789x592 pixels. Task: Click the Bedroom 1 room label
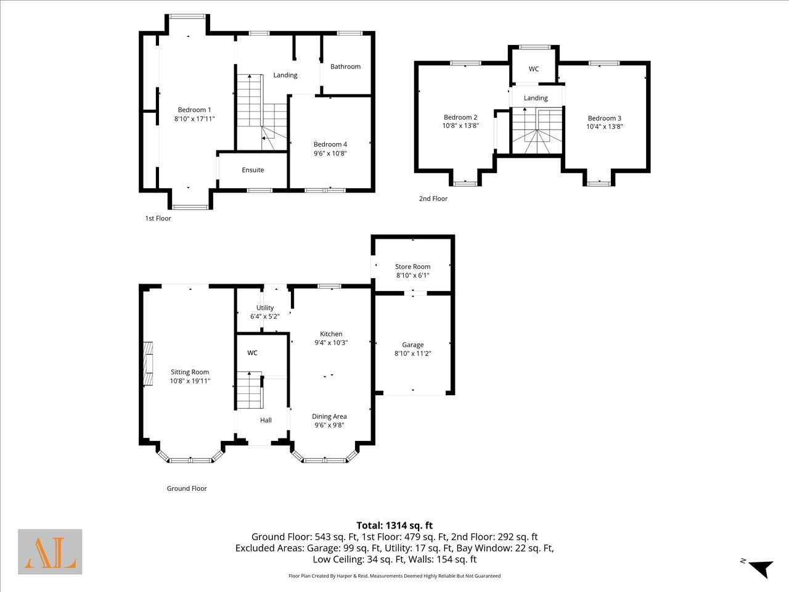click(194, 110)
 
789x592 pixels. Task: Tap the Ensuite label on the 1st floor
click(253, 170)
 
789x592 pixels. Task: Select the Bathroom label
click(345, 67)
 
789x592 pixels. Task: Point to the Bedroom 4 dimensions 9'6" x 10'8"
click(330, 153)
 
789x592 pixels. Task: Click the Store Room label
click(412, 266)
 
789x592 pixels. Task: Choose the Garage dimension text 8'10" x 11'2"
click(412, 353)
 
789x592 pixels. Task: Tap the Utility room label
click(265, 308)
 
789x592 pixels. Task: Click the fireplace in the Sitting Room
click(148, 364)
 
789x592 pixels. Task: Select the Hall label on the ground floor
click(266, 420)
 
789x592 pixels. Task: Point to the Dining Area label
click(329, 416)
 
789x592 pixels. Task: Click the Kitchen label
click(331, 334)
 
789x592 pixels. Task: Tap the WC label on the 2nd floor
click(534, 69)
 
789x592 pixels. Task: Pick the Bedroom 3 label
click(604, 118)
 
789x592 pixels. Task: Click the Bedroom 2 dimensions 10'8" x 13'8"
click(460, 126)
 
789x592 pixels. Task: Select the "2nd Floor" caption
click(433, 199)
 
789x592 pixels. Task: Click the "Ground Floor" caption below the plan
click(187, 488)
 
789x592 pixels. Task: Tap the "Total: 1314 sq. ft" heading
click(394, 525)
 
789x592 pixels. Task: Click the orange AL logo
click(50, 552)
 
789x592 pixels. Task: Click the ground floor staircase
click(250, 390)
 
